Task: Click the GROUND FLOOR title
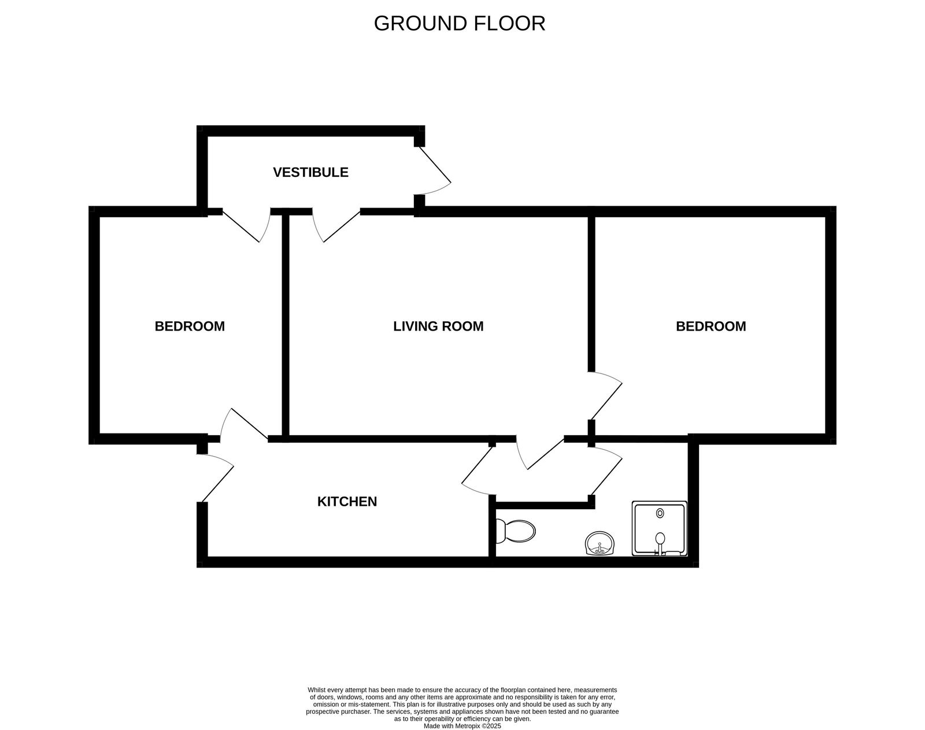[x=459, y=24]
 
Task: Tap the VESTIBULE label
[x=310, y=172]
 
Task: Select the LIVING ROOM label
[x=438, y=326]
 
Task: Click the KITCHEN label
[x=347, y=502]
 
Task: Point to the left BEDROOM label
[x=190, y=326]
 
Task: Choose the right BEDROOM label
[x=711, y=326]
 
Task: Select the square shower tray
[x=659, y=528]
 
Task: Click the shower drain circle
[x=660, y=513]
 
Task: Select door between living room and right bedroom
[x=606, y=396]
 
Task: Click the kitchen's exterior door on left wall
[x=217, y=477]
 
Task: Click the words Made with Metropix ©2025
[x=462, y=726]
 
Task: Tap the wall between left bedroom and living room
[x=286, y=324]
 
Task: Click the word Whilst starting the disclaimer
[x=317, y=690]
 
